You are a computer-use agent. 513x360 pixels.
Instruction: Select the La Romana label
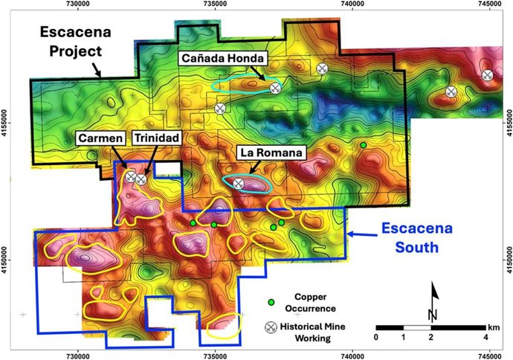[271, 153]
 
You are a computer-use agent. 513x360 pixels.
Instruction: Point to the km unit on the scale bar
[494, 327]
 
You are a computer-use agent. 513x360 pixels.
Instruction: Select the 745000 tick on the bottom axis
[488, 355]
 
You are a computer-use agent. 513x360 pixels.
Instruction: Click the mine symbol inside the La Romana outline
[239, 183]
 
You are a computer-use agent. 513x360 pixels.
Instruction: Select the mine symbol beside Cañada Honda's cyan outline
[275, 88]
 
